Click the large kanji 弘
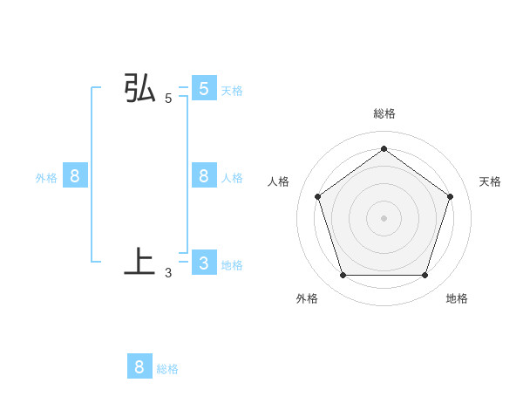pyautogui.click(x=139, y=90)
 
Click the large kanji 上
pyautogui.click(x=139, y=262)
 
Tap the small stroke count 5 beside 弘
pyautogui.click(x=168, y=99)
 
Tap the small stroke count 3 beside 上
pyautogui.click(x=168, y=272)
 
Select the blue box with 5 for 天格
pyautogui.click(x=203, y=89)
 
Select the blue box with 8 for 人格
pyautogui.click(x=203, y=176)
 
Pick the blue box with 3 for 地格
pyautogui.click(x=203, y=263)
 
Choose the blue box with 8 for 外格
pyautogui.click(x=75, y=176)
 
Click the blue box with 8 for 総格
pyautogui.click(x=139, y=366)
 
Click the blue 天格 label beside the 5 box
pyautogui.click(x=232, y=91)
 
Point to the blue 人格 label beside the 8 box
pyautogui.click(x=232, y=178)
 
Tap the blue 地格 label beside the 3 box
pyautogui.click(x=232, y=265)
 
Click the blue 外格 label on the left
pyautogui.click(x=46, y=178)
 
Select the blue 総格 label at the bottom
pyautogui.click(x=167, y=369)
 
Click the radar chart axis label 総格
pyautogui.click(x=384, y=113)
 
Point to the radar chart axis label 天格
pyautogui.click(x=490, y=181)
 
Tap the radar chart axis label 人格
pyautogui.click(x=278, y=181)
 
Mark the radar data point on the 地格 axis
pyautogui.click(x=425, y=276)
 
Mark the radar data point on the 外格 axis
pyautogui.click(x=343, y=276)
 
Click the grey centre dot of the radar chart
pyautogui.click(x=384, y=217)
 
